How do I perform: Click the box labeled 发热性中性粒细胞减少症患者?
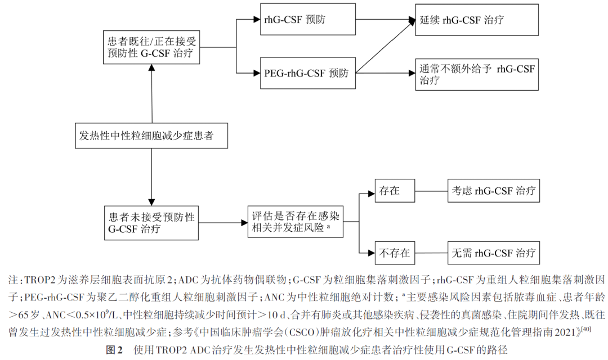click(152, 135)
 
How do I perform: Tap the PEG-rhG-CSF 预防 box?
click(308, 73)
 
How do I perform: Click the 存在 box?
click(395, 191)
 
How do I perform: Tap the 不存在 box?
click(395, 253)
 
